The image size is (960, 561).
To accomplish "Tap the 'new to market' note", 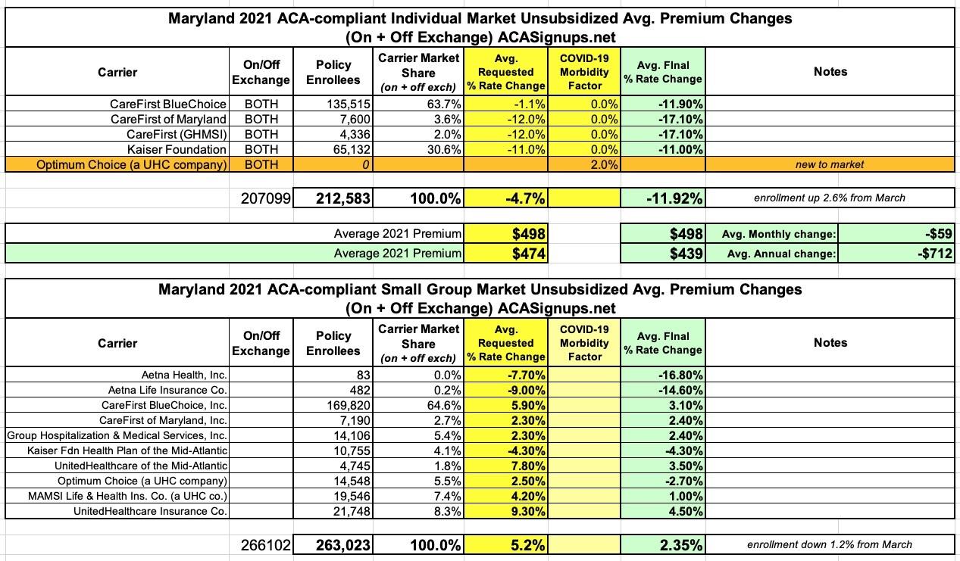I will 830,164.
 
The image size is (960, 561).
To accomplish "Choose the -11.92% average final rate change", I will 673,199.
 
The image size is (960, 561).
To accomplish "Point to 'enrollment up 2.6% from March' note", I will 830,199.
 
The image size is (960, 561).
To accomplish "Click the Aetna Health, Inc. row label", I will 184,375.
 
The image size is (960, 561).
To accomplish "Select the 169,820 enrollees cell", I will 347,405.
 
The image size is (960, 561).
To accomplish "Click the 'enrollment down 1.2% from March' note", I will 830,544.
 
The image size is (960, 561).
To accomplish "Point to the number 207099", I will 263,199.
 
